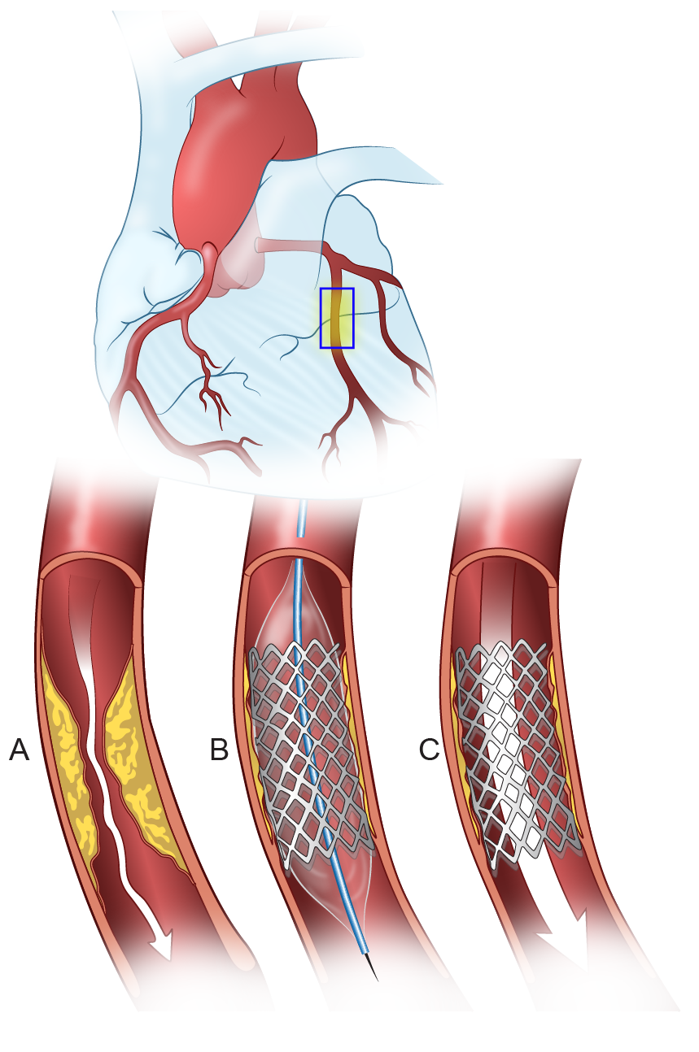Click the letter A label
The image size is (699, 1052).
pos(19,750)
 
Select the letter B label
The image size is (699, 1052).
pos(219,750)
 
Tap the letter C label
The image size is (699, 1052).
pos(429,750)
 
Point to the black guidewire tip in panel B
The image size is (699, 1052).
pos(373,968)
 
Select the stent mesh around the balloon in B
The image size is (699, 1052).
pos(305,748)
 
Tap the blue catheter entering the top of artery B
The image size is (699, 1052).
pos(304,520)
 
